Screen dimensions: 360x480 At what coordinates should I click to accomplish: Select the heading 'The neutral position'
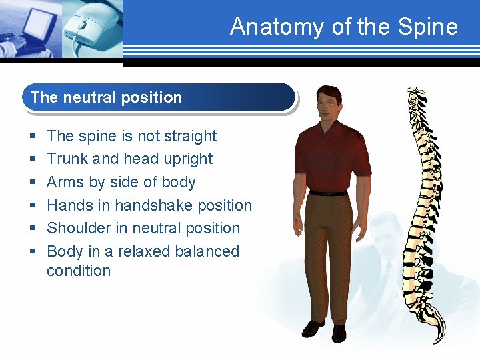[106, 97]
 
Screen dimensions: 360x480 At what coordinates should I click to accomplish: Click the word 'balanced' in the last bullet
[207, 251]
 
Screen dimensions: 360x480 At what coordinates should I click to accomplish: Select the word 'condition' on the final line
[79, 271]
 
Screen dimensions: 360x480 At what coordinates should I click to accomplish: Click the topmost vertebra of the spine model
[414, 91]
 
